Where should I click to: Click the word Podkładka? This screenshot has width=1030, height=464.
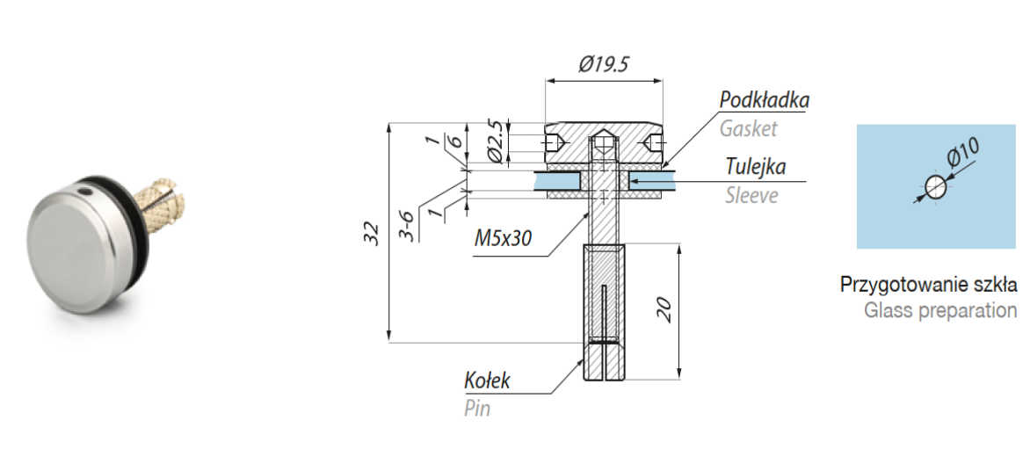click(764, 100)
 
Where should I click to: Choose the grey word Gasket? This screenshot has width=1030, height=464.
click(748, 128)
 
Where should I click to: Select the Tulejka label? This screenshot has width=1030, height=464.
click(756, 166)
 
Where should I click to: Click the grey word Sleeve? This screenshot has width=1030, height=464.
click(751, 195)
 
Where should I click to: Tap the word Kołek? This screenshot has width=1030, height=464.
click(487, 381)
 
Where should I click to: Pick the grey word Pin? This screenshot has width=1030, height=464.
click(477, 408)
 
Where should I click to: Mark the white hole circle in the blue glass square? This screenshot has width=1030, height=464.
click(935, 187)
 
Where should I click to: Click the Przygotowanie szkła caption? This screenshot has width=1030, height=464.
click(929, 285)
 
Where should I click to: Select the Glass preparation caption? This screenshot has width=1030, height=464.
click(940, 310)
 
